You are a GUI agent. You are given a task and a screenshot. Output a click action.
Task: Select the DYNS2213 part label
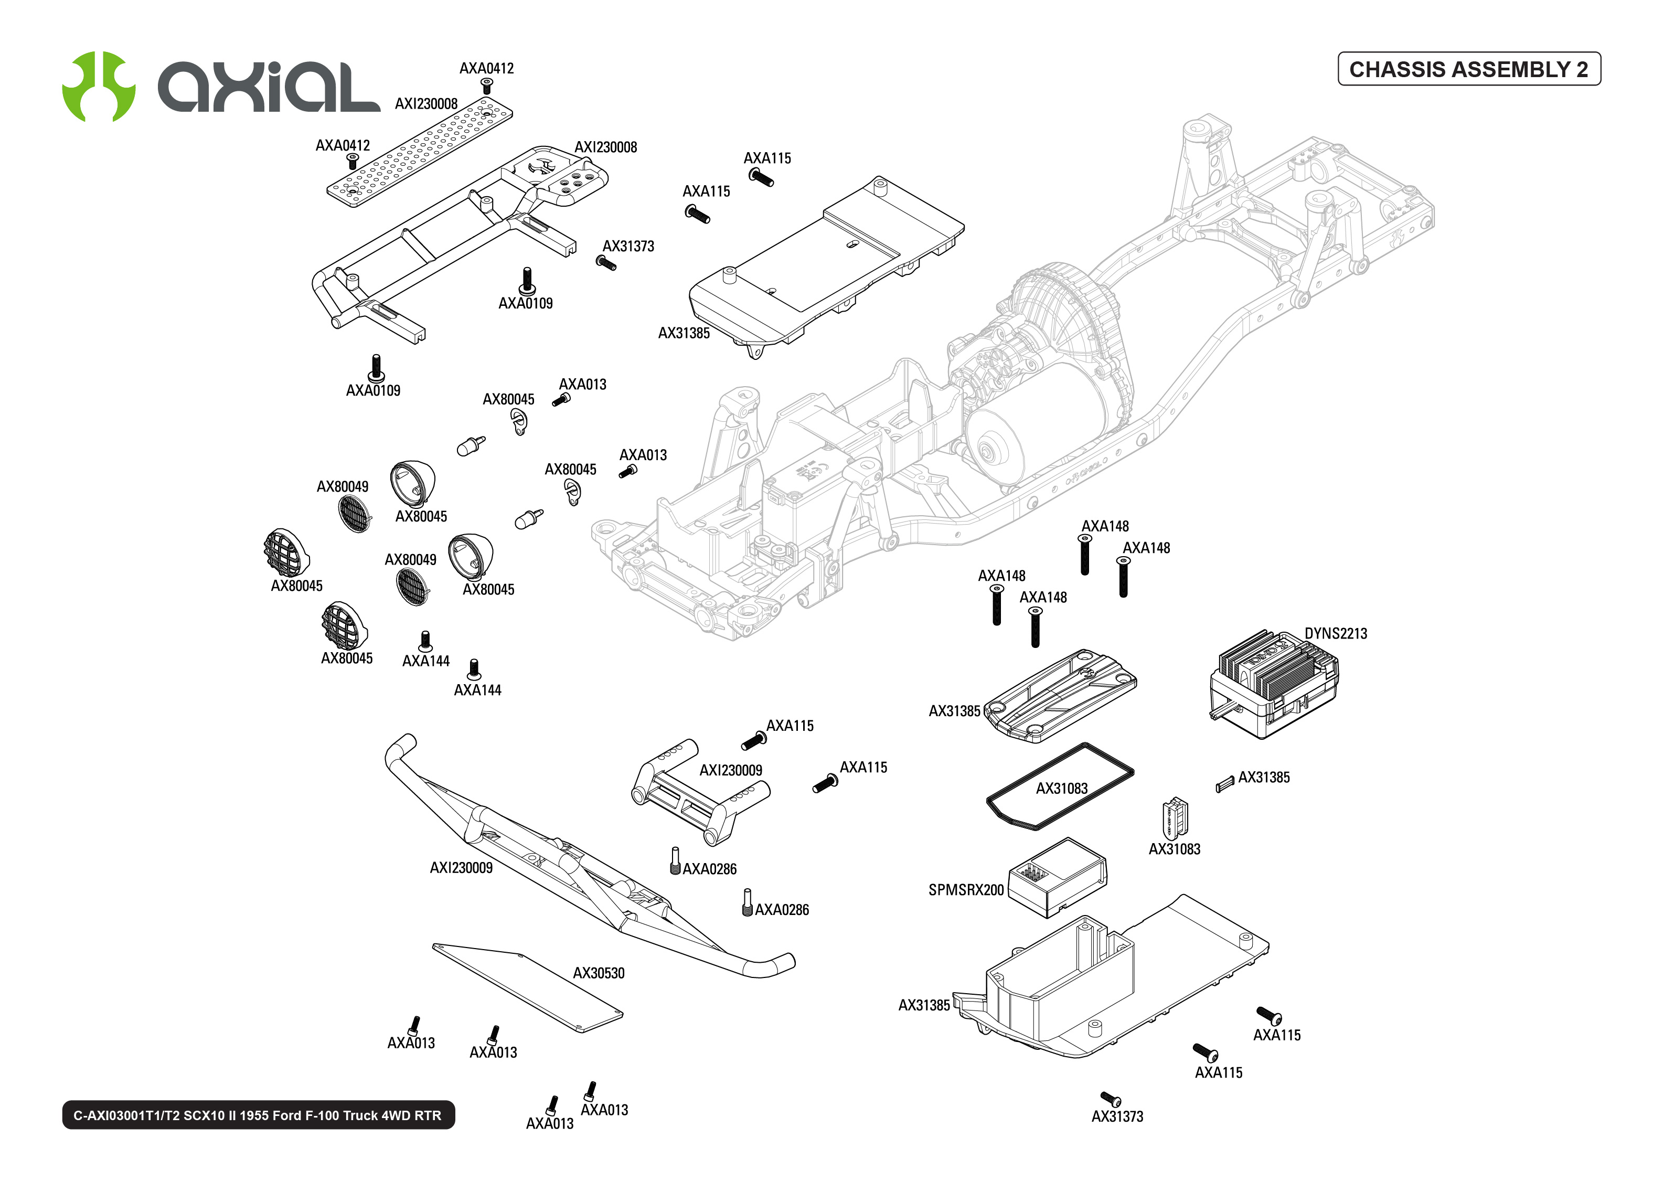pos(1335,633)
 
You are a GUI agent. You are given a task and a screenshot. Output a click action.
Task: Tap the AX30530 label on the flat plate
pos(598,973)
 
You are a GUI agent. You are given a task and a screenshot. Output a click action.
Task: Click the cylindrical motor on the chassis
pos(1032,429)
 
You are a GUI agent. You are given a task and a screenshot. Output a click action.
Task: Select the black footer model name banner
pos(258,1115)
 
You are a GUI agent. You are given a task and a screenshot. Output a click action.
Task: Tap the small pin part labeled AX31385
pos(1224,784)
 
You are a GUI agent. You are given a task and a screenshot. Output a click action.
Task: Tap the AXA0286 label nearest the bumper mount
pos(709,869)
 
